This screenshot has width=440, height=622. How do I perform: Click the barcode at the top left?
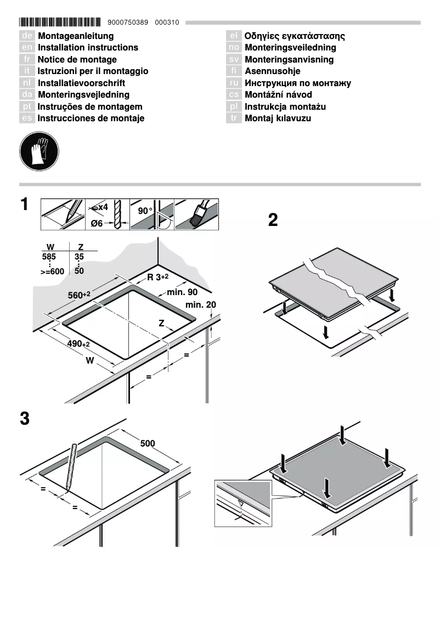(x=60, y=22)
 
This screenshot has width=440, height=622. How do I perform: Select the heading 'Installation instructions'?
(x=88, y=48)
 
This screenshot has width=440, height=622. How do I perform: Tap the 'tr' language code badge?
(x=234, y=118)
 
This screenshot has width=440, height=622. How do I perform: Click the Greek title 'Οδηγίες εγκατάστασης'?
(x=295, y=36)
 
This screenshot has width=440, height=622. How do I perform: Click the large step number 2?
(x=273, y=220)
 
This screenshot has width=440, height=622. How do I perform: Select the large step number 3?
(x=25, y=419)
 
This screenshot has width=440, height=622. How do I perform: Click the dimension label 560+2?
(x=79, y=296)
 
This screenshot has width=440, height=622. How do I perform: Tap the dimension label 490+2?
(x=78, y=343)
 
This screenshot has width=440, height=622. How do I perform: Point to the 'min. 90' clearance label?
(x=182, y=292)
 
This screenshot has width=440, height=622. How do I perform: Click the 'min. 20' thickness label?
(x=201, y=304)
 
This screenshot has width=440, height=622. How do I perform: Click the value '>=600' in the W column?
(x=52, y=272)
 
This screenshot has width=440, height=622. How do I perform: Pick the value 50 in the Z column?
(x=79, y=271)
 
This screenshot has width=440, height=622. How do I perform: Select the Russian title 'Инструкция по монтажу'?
(x=298, y=83)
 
